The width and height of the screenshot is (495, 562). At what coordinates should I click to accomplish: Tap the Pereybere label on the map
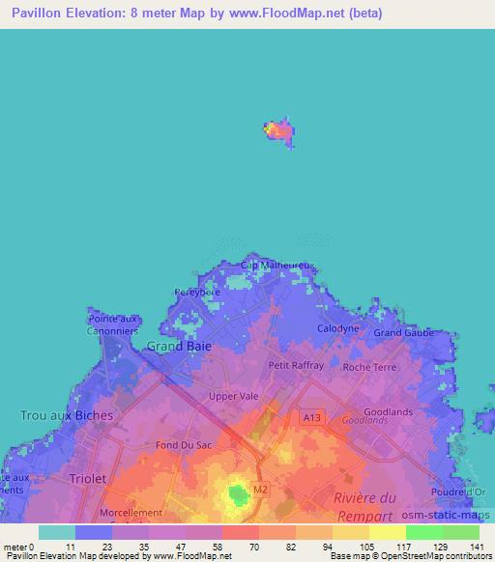pos(198,291)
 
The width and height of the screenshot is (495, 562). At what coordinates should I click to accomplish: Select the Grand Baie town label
pos(178,346)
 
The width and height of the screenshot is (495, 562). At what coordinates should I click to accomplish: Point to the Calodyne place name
pos(338,328)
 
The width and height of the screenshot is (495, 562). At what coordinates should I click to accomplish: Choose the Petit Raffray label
pos(296,367)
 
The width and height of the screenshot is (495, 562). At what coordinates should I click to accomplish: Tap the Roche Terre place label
pos(369,367)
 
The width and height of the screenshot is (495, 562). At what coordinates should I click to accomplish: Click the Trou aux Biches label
pos(67,415)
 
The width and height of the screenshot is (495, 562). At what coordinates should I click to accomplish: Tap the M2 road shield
pos(258,491)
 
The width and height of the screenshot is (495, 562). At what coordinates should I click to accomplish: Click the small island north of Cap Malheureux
pos(278,131)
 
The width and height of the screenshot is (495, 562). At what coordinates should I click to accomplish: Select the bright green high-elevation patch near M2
pos(237,495)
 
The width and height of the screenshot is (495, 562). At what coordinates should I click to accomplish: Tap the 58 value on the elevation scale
pos(217,548)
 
